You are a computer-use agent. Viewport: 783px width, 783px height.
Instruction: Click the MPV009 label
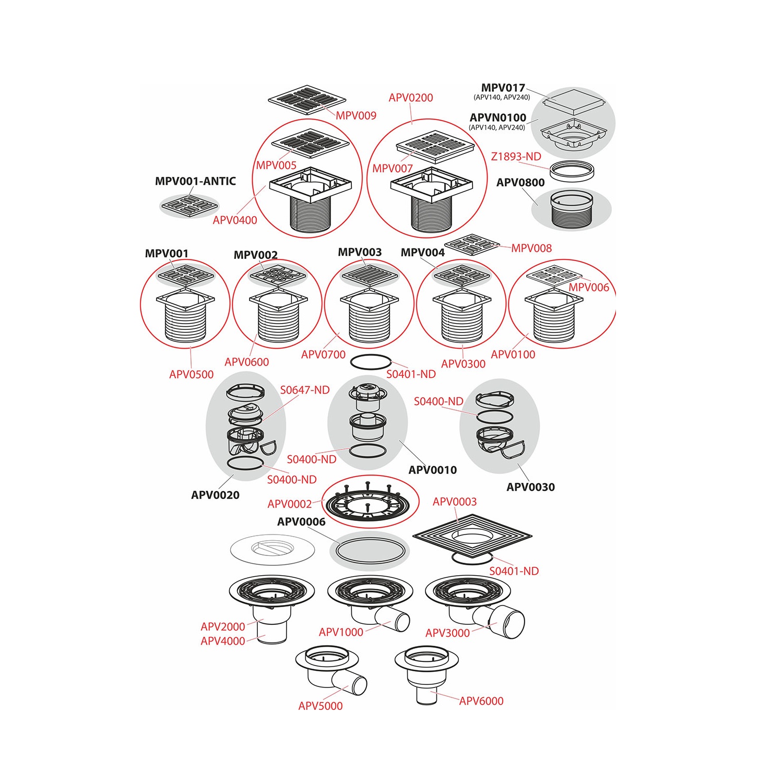tap(356, 115)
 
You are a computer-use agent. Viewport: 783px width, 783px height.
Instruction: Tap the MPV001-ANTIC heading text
tap(195, 181)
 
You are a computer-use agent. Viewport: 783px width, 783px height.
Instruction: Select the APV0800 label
tap(520, 183)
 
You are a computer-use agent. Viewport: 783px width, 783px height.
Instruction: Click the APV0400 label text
tap(235, 220)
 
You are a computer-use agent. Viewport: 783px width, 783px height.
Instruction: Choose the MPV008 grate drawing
tap(472, 244)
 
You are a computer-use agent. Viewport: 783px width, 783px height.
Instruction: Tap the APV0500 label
tap(192, 374)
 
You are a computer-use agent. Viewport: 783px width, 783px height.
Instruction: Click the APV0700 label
tap(323, 354)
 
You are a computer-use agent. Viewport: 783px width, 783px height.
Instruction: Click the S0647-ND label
tap(305, 390)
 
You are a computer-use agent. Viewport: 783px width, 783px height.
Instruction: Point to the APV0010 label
tap(432, 470)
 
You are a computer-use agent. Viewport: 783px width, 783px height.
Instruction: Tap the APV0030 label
tap(530, 487)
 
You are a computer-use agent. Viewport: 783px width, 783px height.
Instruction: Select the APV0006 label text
tap(301, 521)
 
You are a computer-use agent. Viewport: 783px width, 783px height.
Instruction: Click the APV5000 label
tap(321, 706)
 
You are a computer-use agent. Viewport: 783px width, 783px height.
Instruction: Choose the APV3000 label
tap(447, 633)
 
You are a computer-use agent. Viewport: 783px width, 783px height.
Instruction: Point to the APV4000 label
tap(223, 641)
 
